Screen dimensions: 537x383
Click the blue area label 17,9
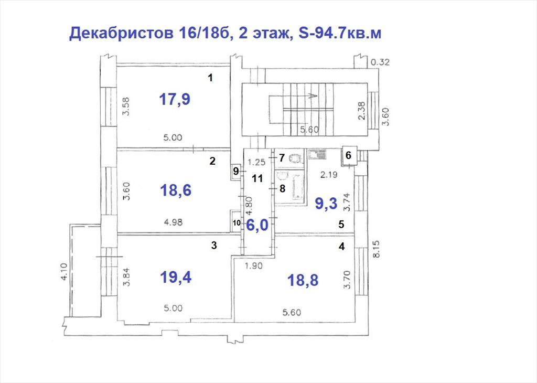coord(175,99)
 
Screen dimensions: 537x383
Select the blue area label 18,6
coord(176,190)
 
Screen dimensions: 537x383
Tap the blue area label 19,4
coord(176,278)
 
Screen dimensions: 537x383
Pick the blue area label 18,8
coord(303,280)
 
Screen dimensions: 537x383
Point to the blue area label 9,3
coord(326,204)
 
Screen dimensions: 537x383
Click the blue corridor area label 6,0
coord(257,226)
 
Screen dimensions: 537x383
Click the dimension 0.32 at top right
coord(380,62)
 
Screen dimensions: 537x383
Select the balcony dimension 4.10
coord(64,272)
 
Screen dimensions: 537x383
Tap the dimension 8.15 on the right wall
coord(377,249)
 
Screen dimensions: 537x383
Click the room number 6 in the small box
coord(348,155)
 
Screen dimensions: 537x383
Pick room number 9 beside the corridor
coord(235,171)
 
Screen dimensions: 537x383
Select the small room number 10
coord(237,222)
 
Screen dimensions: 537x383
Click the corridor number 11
coord(257,178)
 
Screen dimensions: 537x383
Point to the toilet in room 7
coord(295,158)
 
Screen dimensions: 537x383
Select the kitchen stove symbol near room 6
coord(317,154)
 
